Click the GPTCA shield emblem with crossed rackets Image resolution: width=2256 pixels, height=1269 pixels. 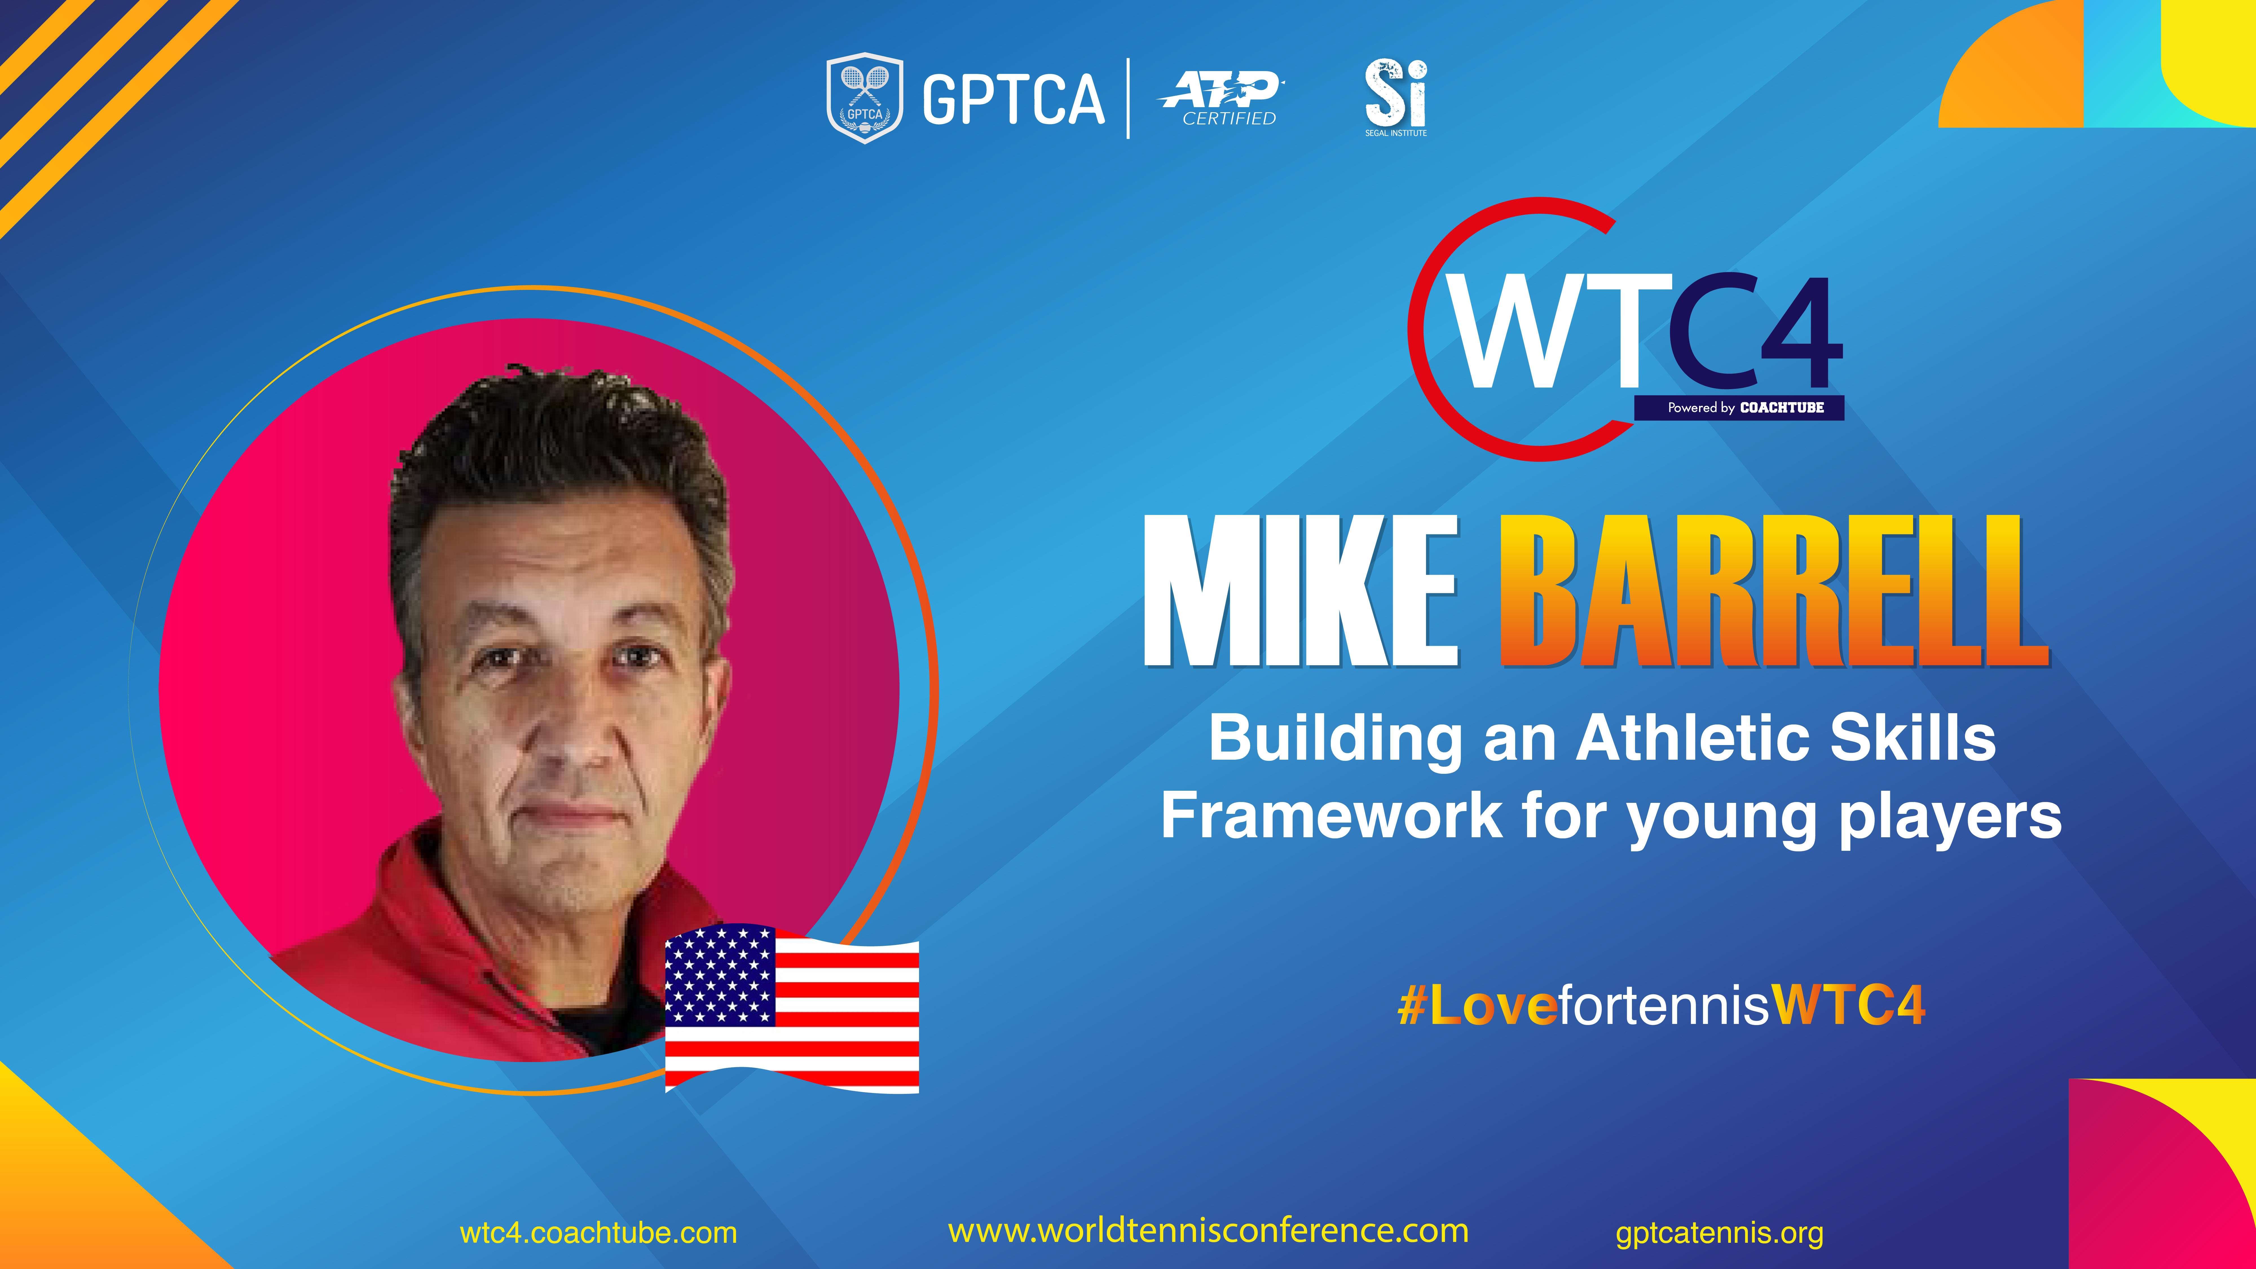(x=864, y=98)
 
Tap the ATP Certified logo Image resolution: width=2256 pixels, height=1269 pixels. (x=1222, y=98)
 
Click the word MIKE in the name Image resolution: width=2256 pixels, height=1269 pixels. (x=1301, y=591)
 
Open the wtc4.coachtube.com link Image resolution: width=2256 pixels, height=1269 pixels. (x=598, y=1233)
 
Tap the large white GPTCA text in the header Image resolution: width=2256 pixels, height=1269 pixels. (x=1013, y=99)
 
